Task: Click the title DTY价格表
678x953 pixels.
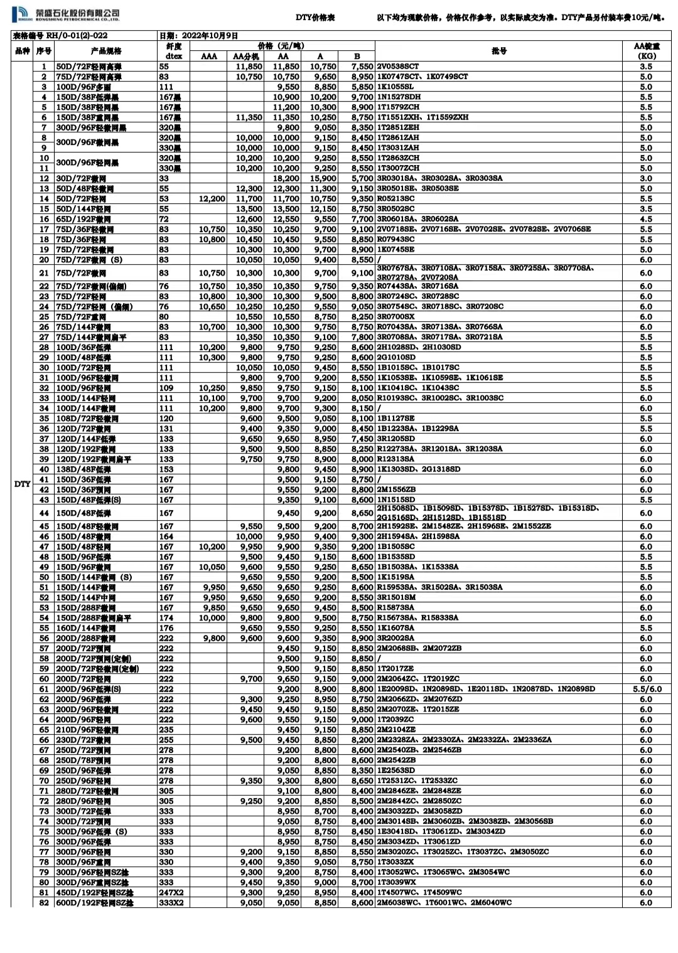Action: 315,18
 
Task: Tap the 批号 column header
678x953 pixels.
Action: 499,51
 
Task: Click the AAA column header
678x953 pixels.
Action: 209,56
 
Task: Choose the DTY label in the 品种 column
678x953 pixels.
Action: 22,484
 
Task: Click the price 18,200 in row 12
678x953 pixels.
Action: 286,178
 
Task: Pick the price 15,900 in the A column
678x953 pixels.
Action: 323,178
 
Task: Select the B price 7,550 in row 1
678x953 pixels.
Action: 362,67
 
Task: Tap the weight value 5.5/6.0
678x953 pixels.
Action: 646,689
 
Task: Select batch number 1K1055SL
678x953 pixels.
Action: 395,87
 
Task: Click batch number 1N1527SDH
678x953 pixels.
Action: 399,97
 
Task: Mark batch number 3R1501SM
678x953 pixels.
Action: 396,597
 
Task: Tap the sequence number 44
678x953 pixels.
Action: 44,513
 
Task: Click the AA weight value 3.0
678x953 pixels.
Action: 646,178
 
